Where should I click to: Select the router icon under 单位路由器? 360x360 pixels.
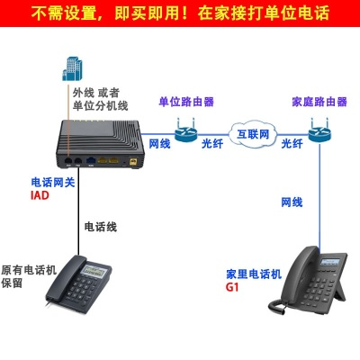click(x=186, y=130)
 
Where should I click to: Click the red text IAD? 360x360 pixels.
click(x=40, y=195)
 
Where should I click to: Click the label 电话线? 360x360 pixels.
click(x=100, y=226)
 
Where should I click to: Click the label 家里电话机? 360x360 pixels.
click(x=254, y=273)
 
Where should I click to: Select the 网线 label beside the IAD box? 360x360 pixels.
click(x=160, y=144)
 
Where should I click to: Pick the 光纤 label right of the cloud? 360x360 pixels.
click(x=292, y=144)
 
